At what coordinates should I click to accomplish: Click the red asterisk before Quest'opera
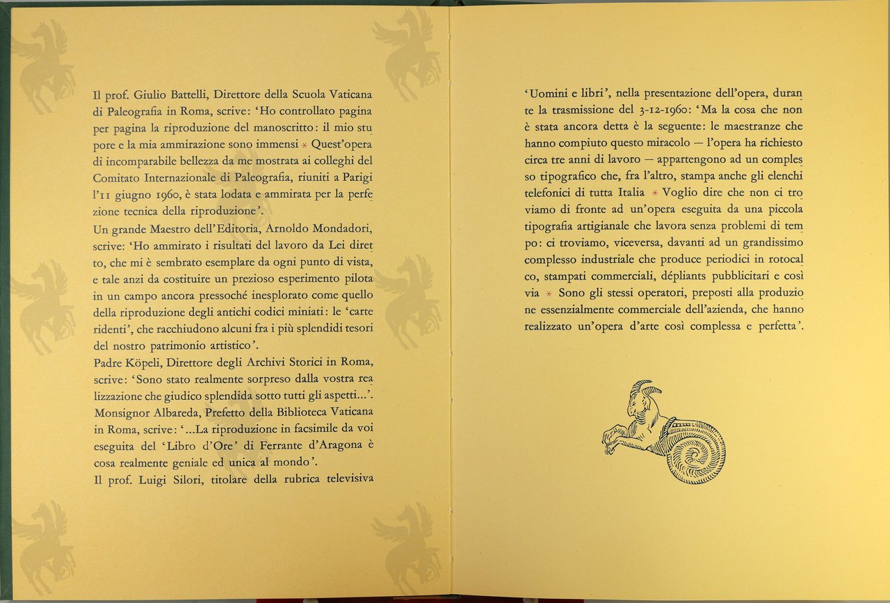(x=303, y=145)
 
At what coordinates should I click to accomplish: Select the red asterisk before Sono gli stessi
(x=549, y=294)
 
